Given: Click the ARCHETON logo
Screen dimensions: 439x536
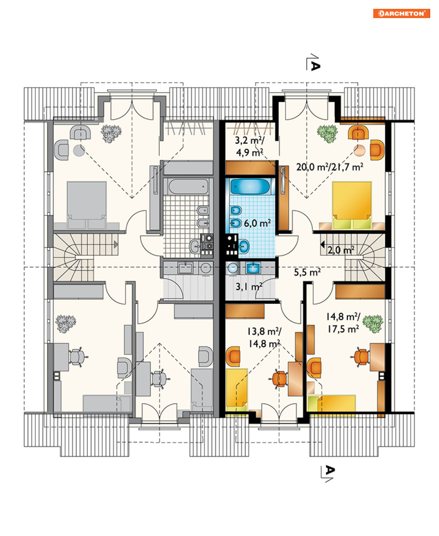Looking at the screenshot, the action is point(401,14).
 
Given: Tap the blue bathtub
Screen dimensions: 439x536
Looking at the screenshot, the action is point(250,186).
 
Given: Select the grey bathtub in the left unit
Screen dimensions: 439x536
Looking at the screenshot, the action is point(188,187).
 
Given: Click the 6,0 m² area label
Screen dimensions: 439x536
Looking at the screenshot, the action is point(257,223).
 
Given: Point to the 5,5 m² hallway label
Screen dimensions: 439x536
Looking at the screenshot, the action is point(307,272).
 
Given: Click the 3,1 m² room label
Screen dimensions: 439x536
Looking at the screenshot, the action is point(249,287).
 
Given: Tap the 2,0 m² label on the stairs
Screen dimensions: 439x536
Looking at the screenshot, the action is point(341,250).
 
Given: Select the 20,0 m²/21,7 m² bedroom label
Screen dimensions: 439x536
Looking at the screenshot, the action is point(330,167).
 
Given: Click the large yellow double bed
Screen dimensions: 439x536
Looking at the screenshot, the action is point(352,205).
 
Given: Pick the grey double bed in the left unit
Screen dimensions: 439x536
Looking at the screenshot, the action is point(86,205).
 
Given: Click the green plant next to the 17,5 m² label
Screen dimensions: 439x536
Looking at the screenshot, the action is point(373,324).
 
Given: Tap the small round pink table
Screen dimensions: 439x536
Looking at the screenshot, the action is point(359,150).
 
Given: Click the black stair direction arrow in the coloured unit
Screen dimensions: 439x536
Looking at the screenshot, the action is point(323,245).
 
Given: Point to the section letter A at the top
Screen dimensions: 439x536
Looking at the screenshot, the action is point(315,66).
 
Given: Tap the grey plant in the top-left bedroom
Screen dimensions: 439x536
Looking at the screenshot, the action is point(111,134).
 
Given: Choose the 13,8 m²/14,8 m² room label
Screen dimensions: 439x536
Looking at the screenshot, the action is point(264,337).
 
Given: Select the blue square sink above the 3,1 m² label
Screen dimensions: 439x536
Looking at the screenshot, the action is point(253,268).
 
